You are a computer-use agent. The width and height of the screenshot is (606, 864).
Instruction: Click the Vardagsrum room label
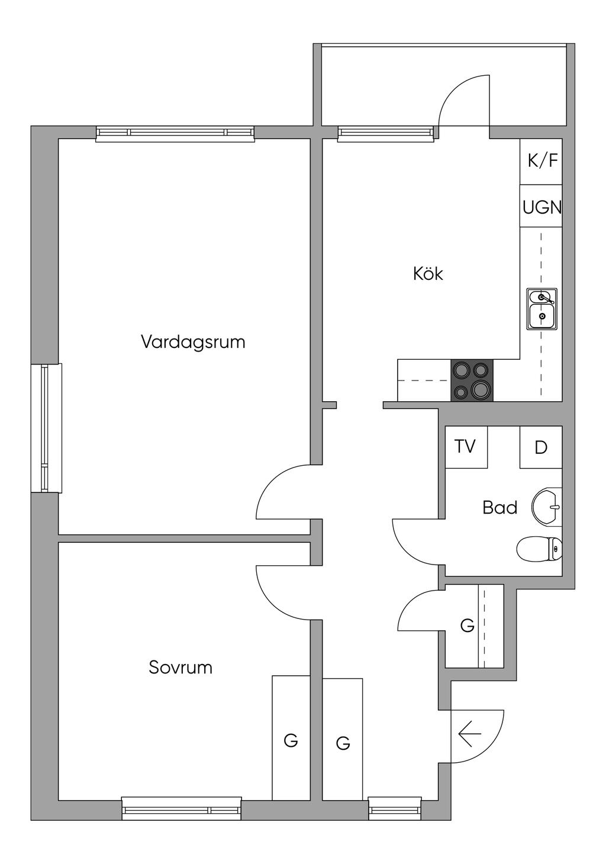pyautogui.click(x=193, y=342)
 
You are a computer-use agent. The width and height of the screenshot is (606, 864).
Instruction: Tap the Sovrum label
pyautogui.click(x=180, y=668)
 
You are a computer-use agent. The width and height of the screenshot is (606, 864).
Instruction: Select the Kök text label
pyautogui.click(x=428, y=274)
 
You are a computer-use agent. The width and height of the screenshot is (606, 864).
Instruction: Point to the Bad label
pyautogui.click(x=500, y=508)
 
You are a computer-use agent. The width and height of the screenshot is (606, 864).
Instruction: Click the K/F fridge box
pyautogui.click(x=541, y=161)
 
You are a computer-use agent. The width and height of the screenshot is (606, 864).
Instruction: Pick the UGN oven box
pyautogui.click(x=541, y=207)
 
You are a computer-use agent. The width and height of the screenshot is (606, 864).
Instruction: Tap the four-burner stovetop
pyautogui.click(x=472, y=380)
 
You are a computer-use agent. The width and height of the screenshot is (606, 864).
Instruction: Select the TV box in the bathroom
pyautogui.click(x=466, y=447)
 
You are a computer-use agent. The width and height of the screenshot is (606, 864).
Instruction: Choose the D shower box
pyautogui.click(x=541, y=447)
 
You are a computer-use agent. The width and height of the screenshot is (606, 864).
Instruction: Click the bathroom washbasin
pyautogui.click(x=547, y=507)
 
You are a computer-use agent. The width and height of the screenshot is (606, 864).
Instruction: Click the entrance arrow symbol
pyautogui.click(x=470, y=735)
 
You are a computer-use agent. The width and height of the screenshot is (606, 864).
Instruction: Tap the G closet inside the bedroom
pyautogui.click(x=291, y=739)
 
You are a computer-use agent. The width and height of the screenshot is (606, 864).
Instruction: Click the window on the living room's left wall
pyautogui.click(x=46, y=428)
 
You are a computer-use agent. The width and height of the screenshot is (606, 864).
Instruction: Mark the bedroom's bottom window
pyautogui.click(x=182, y=808)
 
